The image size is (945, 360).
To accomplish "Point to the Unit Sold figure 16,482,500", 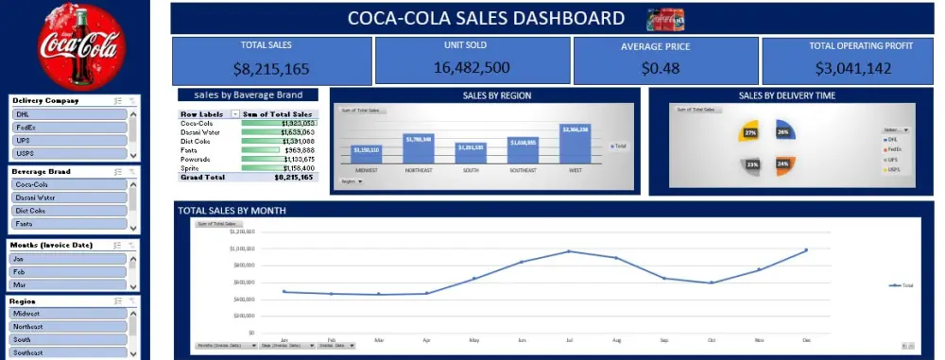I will pos(472,67).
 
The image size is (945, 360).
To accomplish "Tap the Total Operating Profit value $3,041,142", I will pos(850,68).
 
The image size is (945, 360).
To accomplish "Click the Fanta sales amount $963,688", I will pos(299,149).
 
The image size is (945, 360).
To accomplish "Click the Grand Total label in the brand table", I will pos(202,177).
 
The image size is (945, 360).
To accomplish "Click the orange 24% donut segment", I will pos(784,164).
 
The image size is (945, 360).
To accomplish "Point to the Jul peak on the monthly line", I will pos(569,251).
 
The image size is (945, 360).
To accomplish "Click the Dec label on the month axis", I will pos(806,338).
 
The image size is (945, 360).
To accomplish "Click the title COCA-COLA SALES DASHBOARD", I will pos(486,18).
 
